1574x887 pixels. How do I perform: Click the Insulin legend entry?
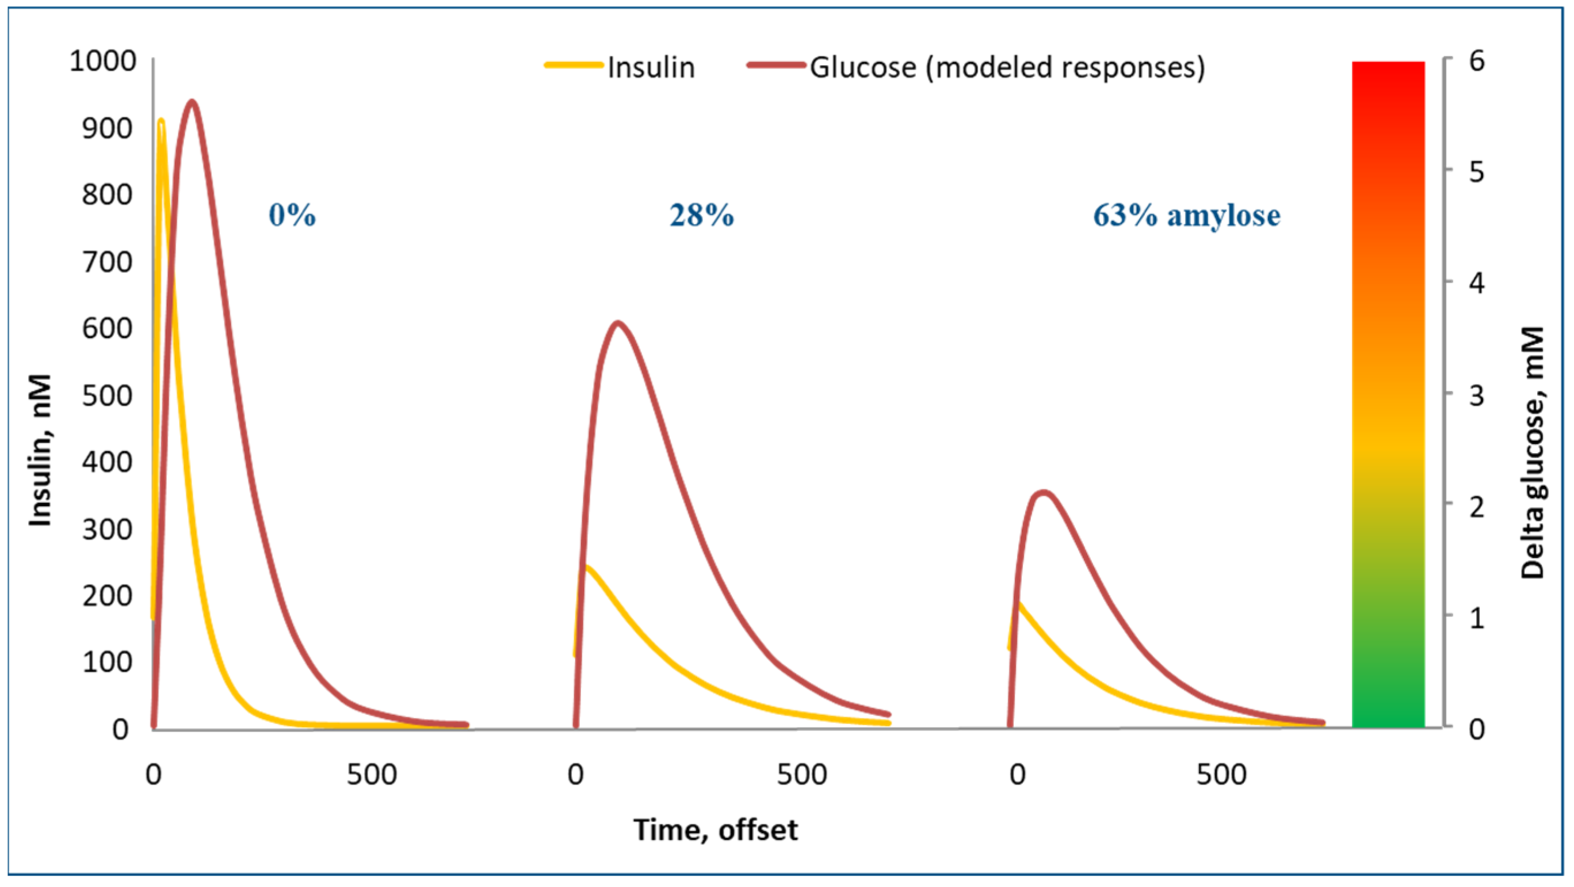point(651,67)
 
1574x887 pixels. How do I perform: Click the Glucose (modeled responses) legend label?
point(1007,67)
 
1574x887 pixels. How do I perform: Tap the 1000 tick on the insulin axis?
point(102,61)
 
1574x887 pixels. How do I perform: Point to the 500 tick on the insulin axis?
point(107,395)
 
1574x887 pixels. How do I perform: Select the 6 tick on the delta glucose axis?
point(1476,60)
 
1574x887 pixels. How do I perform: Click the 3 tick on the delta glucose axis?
point(1476,395)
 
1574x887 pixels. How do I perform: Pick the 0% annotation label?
point(292,215)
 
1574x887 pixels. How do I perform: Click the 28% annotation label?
point(701,215)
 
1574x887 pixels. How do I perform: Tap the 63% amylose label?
point(1186,215)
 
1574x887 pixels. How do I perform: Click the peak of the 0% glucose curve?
point(192,101)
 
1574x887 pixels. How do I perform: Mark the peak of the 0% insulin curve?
point(161,120)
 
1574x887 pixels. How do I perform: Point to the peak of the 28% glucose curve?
point(618,323)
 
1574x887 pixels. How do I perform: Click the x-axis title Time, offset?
point(715,830)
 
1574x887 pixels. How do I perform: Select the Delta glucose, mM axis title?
point(1532,452)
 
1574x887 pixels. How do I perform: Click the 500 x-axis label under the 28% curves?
point(801,775)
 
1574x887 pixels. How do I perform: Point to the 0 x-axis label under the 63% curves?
point(1017,775)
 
